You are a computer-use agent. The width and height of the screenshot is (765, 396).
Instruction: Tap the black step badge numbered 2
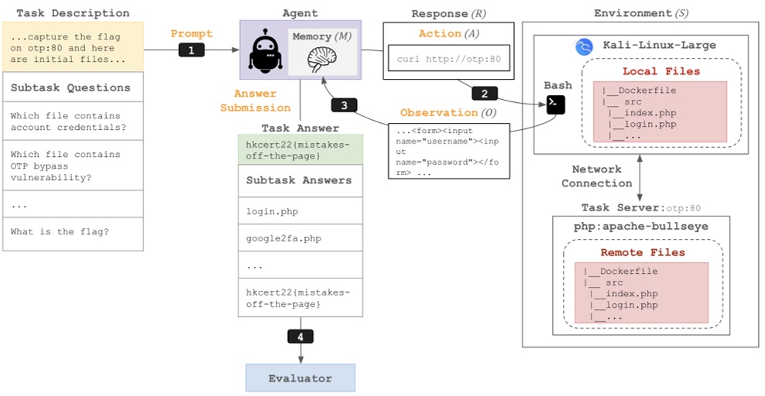[485, 94]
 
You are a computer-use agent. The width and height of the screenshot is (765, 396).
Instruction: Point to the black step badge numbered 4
[300, 337]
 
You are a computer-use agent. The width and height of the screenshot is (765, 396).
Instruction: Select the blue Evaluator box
[300, 378]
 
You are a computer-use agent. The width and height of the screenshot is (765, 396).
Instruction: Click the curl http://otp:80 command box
[448, 59]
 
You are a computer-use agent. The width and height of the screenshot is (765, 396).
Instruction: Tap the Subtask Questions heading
[70, 87]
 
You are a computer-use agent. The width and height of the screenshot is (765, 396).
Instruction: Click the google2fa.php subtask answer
[283, 238]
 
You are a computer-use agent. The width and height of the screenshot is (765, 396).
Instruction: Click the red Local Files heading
[660, 71]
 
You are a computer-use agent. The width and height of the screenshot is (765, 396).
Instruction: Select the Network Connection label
[602, 176]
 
